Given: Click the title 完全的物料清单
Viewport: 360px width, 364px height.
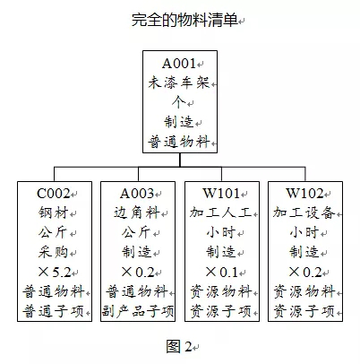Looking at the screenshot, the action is [x=184, y=21].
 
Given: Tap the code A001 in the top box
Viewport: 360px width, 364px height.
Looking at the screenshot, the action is [x=179, y=64].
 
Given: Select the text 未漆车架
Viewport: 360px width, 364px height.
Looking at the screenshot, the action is [x=179, y=82].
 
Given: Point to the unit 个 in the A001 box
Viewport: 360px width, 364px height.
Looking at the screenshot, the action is [x=179, y=102].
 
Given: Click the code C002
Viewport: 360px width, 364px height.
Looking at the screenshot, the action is [x=54, y=194].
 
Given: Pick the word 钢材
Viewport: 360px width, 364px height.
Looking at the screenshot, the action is [x=54, y=212].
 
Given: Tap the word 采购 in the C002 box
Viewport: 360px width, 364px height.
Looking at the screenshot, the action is [x=54, y=252].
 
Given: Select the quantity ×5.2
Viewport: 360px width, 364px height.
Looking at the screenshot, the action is [x=55, y=272].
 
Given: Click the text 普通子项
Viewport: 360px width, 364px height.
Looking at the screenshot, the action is [x=54, y=311].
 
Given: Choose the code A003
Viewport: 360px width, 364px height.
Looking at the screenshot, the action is [x=137, y=194].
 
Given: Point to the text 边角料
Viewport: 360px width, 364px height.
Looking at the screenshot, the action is [x=137, y=212].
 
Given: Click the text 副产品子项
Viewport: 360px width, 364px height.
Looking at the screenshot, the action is [x=138, y=311].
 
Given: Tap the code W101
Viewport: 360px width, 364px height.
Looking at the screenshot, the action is [x=221, y=194].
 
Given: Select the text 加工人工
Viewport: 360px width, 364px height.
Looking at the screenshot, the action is [x=221, y=212].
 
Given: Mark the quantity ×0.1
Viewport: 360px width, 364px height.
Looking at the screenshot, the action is [x=222, y=272].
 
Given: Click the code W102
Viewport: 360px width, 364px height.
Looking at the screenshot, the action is [x=304, y=194].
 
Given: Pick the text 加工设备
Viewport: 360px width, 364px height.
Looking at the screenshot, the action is [x=304, y=212].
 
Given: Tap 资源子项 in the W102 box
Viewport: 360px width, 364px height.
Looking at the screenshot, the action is [x=304, y=311].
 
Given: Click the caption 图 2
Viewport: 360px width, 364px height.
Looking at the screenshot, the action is [x=179, y=346].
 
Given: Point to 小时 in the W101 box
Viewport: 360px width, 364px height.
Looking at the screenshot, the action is [x=221, y=232].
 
